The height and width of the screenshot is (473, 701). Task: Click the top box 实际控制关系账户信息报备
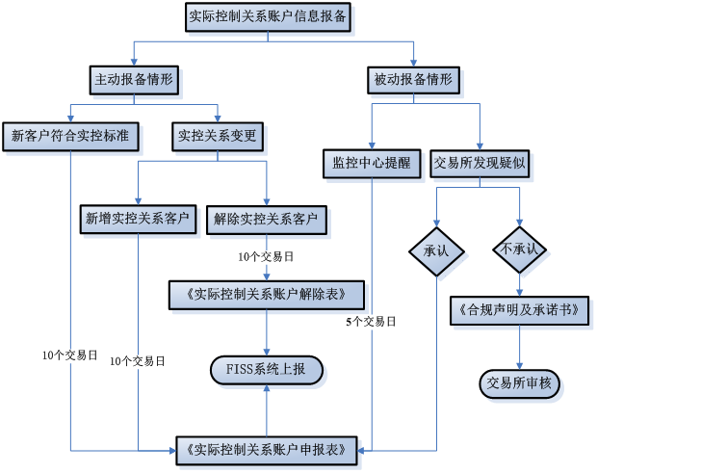(x=269, y=16)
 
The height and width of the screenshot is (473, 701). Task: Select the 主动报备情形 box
(x=134, y=80)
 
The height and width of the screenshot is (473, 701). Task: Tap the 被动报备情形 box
(x=414, y=80)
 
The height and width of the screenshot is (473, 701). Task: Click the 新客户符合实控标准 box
(x=70, y=137)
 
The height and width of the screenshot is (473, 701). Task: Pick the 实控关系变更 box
(x=218, y=137)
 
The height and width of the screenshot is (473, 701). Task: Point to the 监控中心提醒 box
(x=372, y=163)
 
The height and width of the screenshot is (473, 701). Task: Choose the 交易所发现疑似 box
(x=479, y=163)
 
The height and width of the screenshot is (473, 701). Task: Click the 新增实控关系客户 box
(x=138, y=220)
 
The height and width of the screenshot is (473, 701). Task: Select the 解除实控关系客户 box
(x=266, y=220)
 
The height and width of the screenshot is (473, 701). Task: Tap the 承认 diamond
(x=436, y=250)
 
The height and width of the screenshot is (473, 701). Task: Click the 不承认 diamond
(x=521, y=250)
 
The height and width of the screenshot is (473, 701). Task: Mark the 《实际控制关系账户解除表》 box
(x=267, y=294)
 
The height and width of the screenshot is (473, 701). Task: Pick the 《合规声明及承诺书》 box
(x=519, y=311)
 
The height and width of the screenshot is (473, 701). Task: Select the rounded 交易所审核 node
(x=519, y=383)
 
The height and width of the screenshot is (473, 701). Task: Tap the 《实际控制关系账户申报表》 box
(x=267, y=449)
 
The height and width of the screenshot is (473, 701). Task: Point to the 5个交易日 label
(x=372, y=322)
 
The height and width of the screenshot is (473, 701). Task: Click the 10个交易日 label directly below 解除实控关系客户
(x=266, y=256)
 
